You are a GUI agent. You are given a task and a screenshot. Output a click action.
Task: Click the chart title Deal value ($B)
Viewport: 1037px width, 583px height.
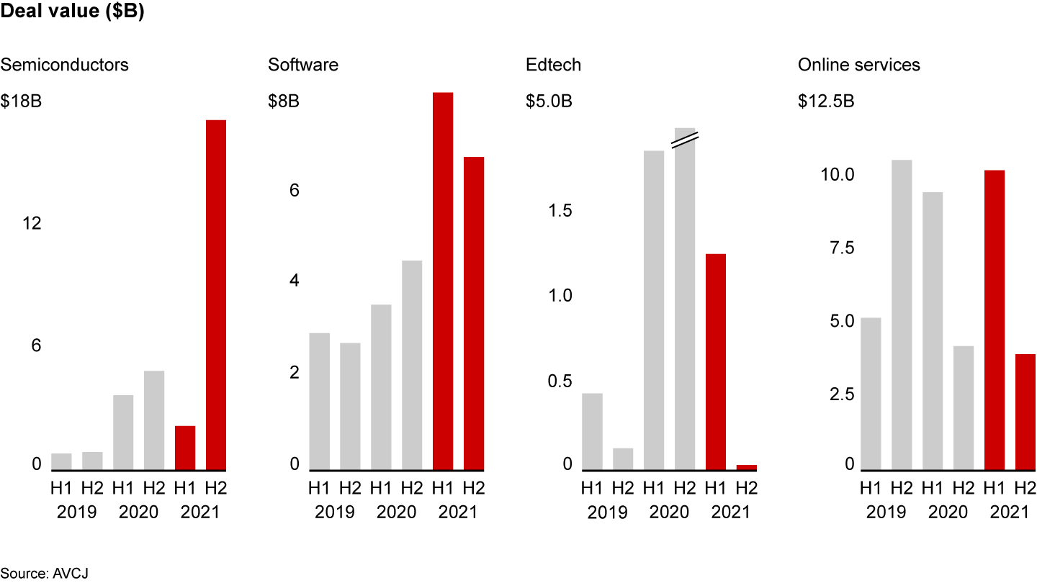[x=73, y=14]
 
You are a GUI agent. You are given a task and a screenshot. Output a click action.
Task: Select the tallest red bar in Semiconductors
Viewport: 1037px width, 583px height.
[x=216, y=295]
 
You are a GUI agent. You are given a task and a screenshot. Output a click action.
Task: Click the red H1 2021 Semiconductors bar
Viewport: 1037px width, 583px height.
[x=185, y=448]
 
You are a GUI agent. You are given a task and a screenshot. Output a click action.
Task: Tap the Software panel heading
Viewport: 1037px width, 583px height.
[x=303, y=65]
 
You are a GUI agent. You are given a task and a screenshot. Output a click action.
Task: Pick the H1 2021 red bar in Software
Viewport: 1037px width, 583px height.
[x=443, y=281]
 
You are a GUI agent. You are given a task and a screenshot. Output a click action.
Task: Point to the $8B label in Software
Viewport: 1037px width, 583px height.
[x=284, y=101]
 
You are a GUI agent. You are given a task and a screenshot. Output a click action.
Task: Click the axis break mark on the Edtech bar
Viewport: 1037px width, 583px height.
[x=684, y=138]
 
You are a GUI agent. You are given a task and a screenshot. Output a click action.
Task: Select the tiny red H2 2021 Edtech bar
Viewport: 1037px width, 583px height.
[x=747, y=467]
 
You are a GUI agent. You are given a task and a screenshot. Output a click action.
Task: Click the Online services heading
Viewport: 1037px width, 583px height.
[x=858, y=65]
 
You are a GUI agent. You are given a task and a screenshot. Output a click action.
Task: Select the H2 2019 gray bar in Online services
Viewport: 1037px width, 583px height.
[x=902, y=315]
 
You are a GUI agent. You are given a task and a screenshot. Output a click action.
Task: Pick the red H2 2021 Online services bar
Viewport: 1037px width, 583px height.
[x=1025, y=412]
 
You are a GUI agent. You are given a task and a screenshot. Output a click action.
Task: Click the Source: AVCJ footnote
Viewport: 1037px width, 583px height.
[x=45, y=573]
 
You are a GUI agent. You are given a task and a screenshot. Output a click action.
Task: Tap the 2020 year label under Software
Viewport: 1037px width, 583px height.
[x=396, y=512]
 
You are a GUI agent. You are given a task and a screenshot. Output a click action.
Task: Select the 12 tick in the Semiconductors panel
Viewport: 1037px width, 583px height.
[x=31, y=224]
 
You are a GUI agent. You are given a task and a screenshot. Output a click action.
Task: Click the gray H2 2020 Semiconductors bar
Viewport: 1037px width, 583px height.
[x=154, y=420]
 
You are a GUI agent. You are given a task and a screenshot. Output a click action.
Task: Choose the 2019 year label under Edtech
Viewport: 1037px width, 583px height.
[x=607, y=512]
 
